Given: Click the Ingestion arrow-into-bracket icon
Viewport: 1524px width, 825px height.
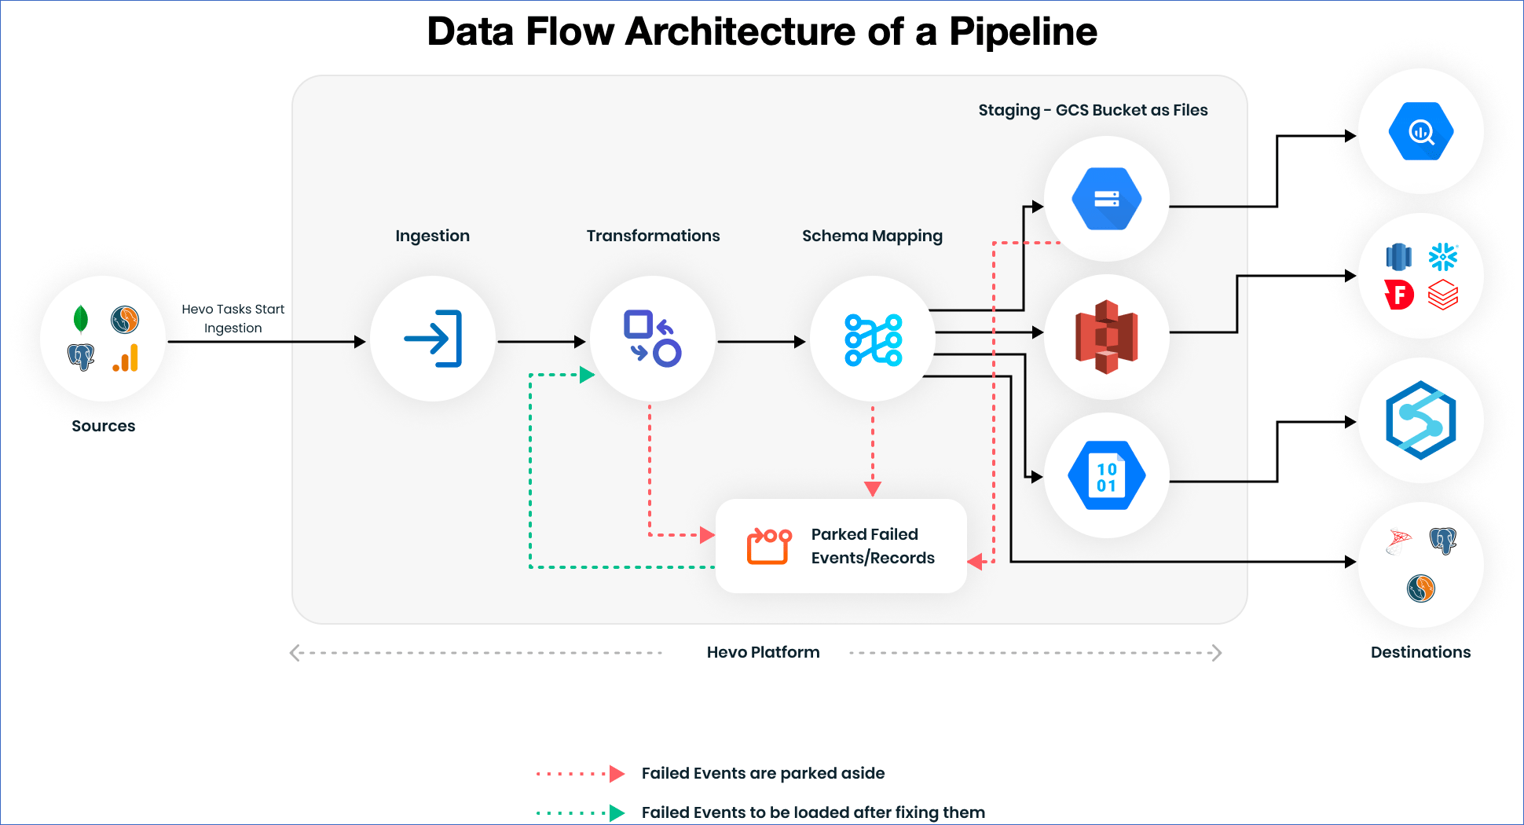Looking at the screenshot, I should [x=433, y=339].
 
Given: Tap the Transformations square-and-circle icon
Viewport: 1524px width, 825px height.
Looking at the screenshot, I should [x=652, y=339].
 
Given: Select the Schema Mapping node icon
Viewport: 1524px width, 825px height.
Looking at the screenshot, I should [x=873, y=340].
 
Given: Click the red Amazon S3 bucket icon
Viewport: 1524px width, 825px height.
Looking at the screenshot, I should [x=1106, y=337].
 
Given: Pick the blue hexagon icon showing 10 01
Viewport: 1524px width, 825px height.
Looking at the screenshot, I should [x=1106, y=475].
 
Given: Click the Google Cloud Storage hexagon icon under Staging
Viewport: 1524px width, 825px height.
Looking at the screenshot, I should [x=1106, y=199].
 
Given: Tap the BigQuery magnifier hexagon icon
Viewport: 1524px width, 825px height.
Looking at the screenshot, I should [x=1420, y=132].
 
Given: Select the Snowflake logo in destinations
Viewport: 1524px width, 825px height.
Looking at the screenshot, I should [x=1443, y=257].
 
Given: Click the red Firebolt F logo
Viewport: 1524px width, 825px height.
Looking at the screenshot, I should [x=1399, y=295].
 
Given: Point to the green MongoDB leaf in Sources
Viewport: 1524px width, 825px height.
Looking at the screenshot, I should [x=80, y=319].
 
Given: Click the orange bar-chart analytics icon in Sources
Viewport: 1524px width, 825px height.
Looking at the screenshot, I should [x=126, y=358].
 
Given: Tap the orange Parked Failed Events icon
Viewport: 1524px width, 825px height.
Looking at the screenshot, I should [x=768, y=546].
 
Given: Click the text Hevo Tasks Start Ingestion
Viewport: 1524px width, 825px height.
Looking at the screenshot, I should [x=233, y=318].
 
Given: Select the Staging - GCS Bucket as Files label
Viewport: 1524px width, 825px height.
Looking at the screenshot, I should [x=1092, y=110].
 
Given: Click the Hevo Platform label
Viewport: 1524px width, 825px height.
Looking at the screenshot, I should [x=762, y=652].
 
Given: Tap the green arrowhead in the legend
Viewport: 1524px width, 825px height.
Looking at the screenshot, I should [x=617, y=812].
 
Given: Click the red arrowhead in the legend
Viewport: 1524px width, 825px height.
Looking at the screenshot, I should [x=617, y=773].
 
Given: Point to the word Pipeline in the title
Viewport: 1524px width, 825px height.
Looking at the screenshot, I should [x=1023, y=33].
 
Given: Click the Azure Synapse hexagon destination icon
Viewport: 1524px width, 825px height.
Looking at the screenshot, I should [x=1420, y=420].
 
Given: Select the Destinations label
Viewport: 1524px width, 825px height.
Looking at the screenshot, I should [x=1420, y=652].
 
